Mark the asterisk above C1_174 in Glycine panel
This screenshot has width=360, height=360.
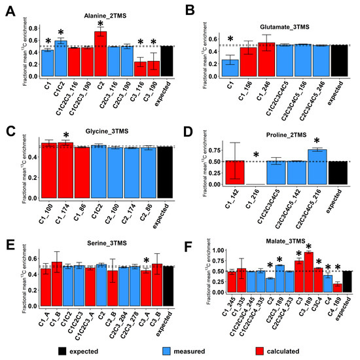(66, 135)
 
